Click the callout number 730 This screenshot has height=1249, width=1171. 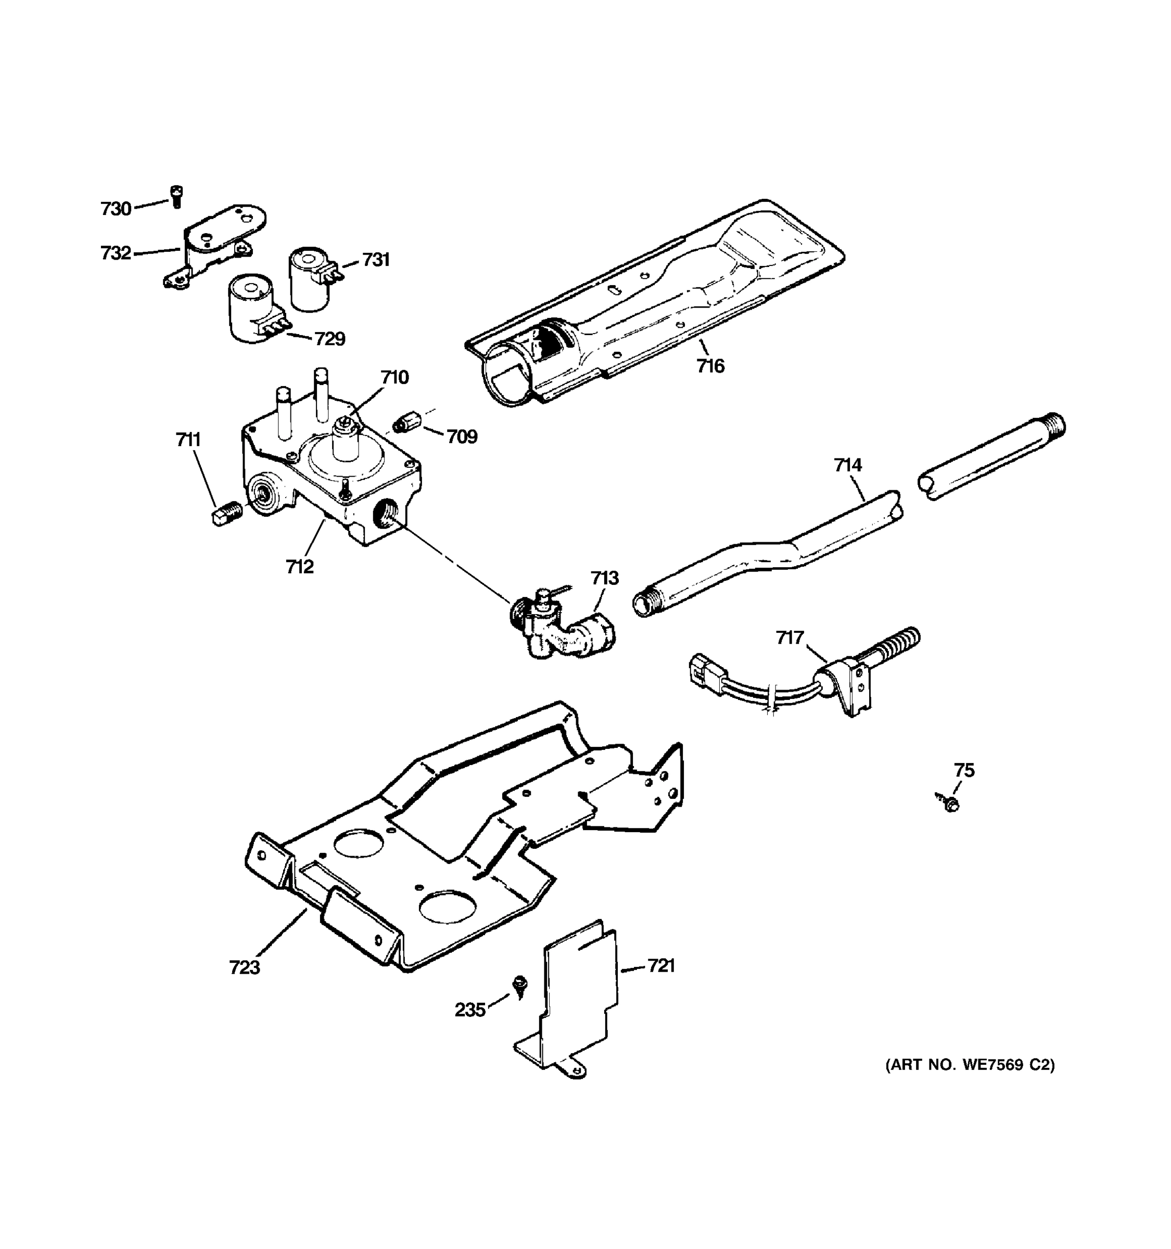click(116, 209)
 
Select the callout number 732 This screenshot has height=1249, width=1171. click(116, 253)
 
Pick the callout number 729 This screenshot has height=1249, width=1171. click(330, 339)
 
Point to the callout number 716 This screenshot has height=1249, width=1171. click(710, 366)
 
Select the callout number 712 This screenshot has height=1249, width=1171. click(300, 567)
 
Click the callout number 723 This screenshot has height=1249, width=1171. click(245, 967)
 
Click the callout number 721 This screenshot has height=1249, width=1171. click(661, 966)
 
